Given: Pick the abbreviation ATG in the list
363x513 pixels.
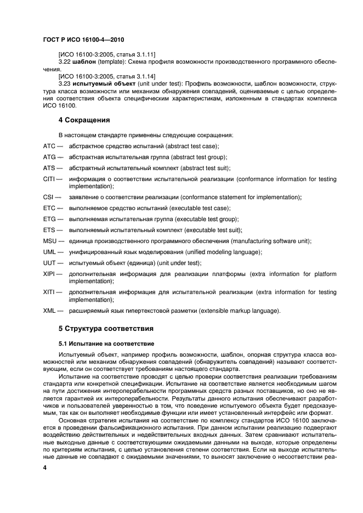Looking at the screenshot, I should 49,157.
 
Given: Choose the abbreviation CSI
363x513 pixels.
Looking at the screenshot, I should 48,197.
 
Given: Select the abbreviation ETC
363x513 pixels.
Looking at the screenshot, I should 49,208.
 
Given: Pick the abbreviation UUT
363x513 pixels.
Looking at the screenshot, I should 49,263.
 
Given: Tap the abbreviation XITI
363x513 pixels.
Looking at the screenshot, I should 49,292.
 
